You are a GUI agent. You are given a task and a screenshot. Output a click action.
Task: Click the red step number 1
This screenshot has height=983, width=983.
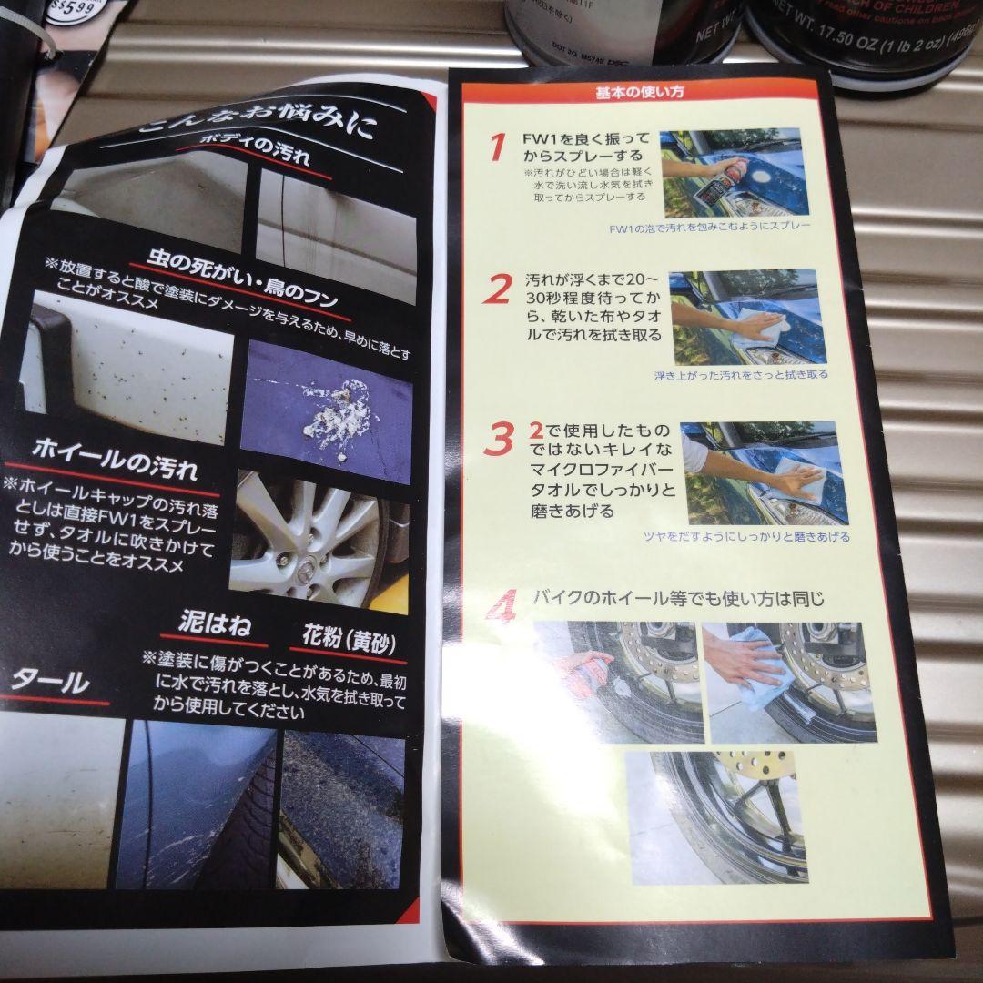click(x=496, y=147)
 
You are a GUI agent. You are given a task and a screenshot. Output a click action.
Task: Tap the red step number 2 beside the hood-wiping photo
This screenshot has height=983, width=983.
click(x=497, y=289)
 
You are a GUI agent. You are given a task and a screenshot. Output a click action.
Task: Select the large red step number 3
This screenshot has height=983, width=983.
click(x=499, y=438)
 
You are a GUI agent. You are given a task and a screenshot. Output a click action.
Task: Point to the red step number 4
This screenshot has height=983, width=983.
click(x=501, y=605)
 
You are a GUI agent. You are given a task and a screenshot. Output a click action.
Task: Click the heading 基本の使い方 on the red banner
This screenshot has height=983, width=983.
click(x=640, y=92)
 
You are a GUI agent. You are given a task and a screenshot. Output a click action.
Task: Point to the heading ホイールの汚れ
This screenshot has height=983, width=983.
click(x=115, y=455)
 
